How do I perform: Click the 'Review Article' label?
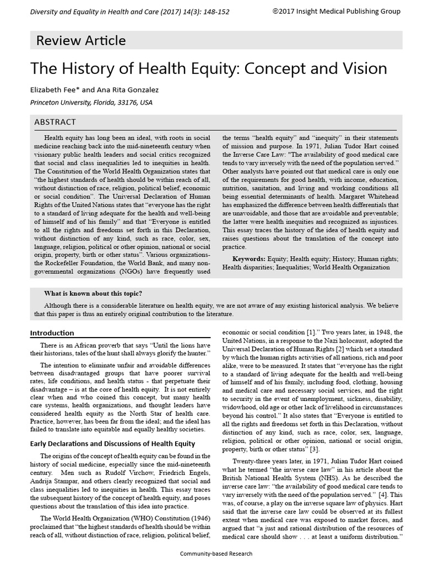(x=80, y=40)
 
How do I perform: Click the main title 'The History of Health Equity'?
(x=209, y=68)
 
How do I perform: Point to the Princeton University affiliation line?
(x=91, y=102)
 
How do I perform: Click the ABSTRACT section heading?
(x=55, y=122)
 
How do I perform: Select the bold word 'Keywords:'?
(x=249, y=258)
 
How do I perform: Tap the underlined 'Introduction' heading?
(x=52, y=333)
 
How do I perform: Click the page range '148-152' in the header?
(x=218, y=11)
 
